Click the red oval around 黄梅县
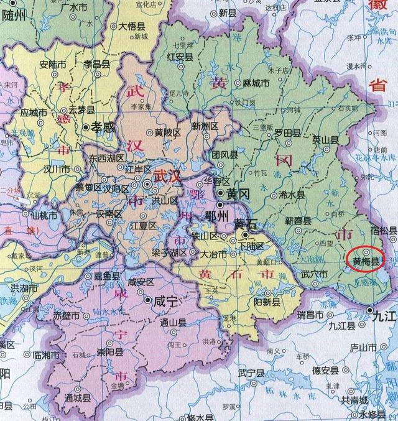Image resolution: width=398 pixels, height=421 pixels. pos(365,260)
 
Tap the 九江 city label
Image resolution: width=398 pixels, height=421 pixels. pos(384,316)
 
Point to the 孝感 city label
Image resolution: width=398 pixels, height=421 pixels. pos(104,126)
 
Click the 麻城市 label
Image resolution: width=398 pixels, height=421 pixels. pos(256,83)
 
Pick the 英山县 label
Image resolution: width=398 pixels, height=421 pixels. pos(324,139)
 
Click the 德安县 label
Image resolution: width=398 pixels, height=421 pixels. pos(325,371)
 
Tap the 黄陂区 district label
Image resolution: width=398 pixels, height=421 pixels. pos(167,132)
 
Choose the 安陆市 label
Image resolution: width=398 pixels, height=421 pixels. pos(53,64)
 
